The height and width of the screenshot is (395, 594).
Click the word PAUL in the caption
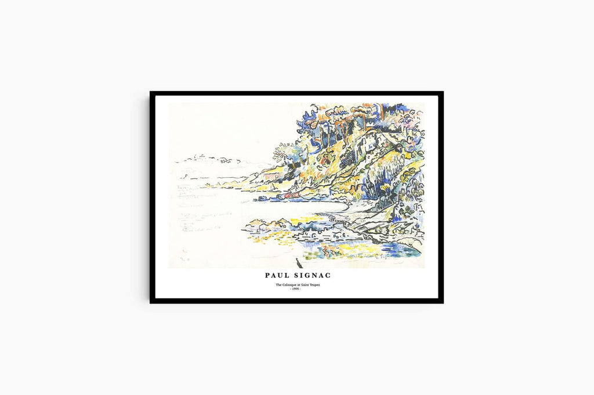(277, 276)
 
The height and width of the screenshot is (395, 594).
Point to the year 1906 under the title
(296, 289)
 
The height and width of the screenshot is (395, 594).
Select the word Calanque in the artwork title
(292, 285)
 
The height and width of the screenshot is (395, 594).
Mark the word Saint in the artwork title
(305, 285)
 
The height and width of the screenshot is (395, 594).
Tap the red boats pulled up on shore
(325, 250)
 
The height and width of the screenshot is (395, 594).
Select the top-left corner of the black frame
(151, 93)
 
